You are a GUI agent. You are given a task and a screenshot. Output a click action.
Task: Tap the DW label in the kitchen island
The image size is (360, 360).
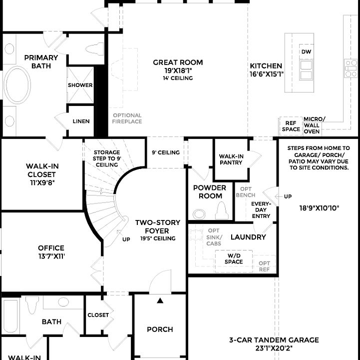pyautogui.click(x=306, y=51)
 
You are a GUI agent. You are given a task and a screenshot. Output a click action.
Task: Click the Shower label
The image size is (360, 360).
pyautogui.click(x=80, y=85)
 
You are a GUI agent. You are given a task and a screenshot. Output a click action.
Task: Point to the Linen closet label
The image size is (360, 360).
pyautogui.click(x=81, y=121)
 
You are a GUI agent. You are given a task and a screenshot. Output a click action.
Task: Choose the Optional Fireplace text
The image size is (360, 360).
pyautogui.click(x=127, y=118)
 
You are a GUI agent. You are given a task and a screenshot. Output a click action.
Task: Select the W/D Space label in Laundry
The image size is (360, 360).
pyautogui.click(x=234, y=258)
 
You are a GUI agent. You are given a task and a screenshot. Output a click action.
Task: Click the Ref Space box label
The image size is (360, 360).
pyautogui.click(x=291, y=126)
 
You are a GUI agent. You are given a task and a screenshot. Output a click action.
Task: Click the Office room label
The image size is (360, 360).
pyautogui.click(x=51, y=251)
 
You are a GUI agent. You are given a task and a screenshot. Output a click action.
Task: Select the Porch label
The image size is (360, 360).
pyautogui.click(x=160, y=329)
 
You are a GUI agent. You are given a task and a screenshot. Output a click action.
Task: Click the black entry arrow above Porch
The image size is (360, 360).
pyautogui.click(x=160, y=300)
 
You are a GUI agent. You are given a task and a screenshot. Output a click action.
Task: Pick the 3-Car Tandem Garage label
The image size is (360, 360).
pyautogui.click(x=274, y=343)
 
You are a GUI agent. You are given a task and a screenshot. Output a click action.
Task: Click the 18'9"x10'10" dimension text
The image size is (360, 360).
pyautogui.click(x=319, y=208)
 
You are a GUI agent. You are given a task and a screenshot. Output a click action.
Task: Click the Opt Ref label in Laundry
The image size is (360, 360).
pyautogui.click(x=264, y=266)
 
